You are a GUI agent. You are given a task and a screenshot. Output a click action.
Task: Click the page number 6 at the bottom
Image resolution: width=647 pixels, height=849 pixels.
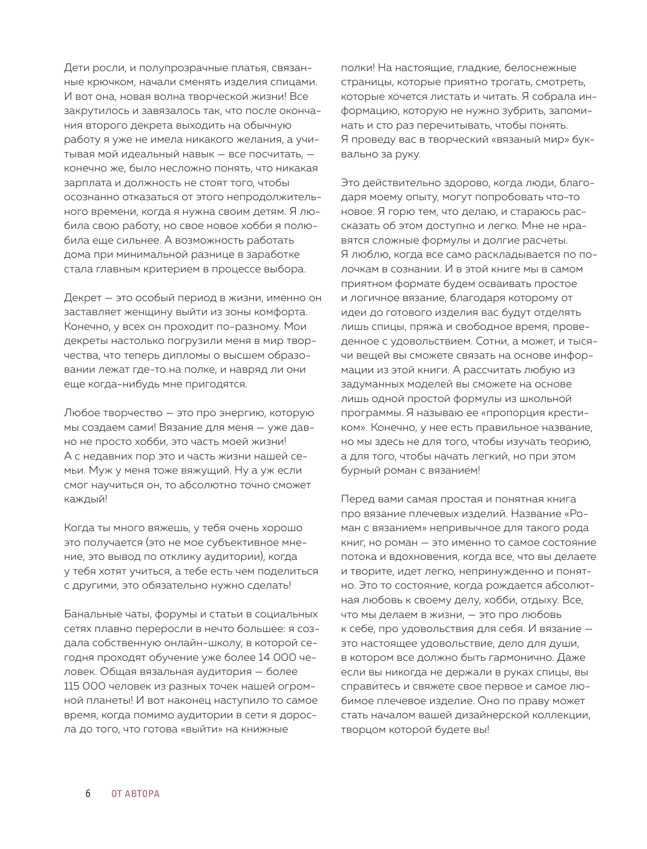point(87,794)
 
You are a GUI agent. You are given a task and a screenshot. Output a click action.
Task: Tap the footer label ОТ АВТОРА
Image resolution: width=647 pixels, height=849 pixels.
point(136,794)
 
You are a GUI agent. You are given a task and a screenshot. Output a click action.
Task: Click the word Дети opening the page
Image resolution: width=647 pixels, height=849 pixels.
point(76,68)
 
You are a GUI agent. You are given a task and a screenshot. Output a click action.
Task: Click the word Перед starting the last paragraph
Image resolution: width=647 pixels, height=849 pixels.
point(357,499)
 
